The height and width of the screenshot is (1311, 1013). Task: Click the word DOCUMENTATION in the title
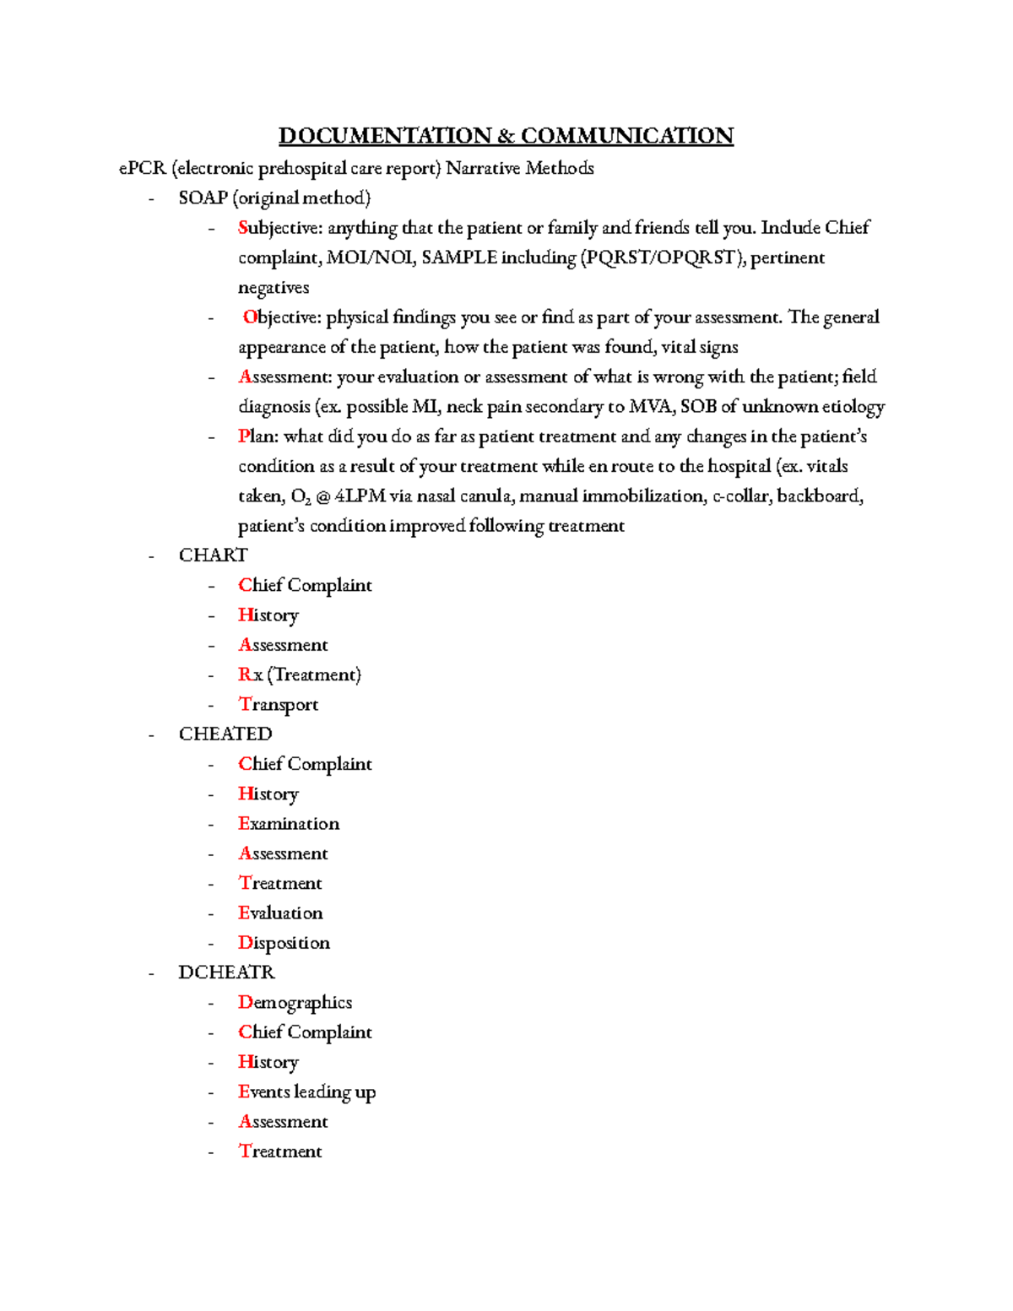[x=385, y=136]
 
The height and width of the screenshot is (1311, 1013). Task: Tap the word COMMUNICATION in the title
[x=626, y=136]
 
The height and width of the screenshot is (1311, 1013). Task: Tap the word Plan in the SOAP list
[x=257, y=436]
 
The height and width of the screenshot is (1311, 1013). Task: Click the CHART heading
[x=213, y=555]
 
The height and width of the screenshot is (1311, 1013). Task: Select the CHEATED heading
[x=225, y=734]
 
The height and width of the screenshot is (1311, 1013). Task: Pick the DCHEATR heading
[x=226, y=972]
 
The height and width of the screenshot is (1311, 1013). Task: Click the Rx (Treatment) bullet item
[x=299, y=674]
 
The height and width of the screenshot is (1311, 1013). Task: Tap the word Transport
[x=278, y=705]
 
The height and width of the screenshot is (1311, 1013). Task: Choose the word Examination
[x=288, y=824]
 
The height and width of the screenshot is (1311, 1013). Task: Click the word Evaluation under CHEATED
[x=279, y=913]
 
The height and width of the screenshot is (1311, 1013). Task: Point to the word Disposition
[x=284, y=943]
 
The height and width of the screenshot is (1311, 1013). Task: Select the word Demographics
[x=295, y=1003]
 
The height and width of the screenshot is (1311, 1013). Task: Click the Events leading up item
[x=306, y=1092]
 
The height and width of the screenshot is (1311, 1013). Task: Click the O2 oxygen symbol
[x=301, y=497]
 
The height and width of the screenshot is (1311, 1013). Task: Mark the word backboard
[x=820, y=496]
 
